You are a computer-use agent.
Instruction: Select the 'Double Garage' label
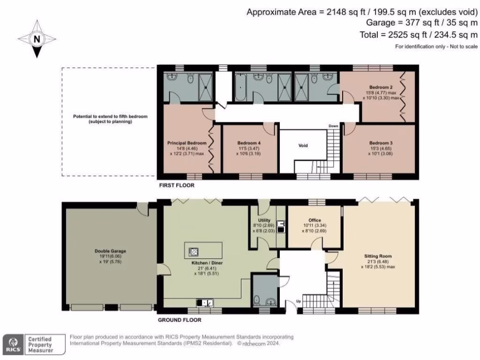pos(110,251)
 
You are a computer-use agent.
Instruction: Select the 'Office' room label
pos(315,219)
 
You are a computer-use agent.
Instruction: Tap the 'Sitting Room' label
pos(377,256)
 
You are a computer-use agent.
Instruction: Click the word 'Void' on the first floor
pos(303,146)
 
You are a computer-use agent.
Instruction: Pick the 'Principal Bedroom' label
pos(187,142)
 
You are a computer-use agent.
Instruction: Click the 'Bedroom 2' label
pos(381,87)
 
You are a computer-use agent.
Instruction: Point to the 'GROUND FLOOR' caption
pos(180,320)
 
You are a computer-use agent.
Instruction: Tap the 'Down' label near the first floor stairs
pos(333,126)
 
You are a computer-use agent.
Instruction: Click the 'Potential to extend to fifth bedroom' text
pos(109,116)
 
